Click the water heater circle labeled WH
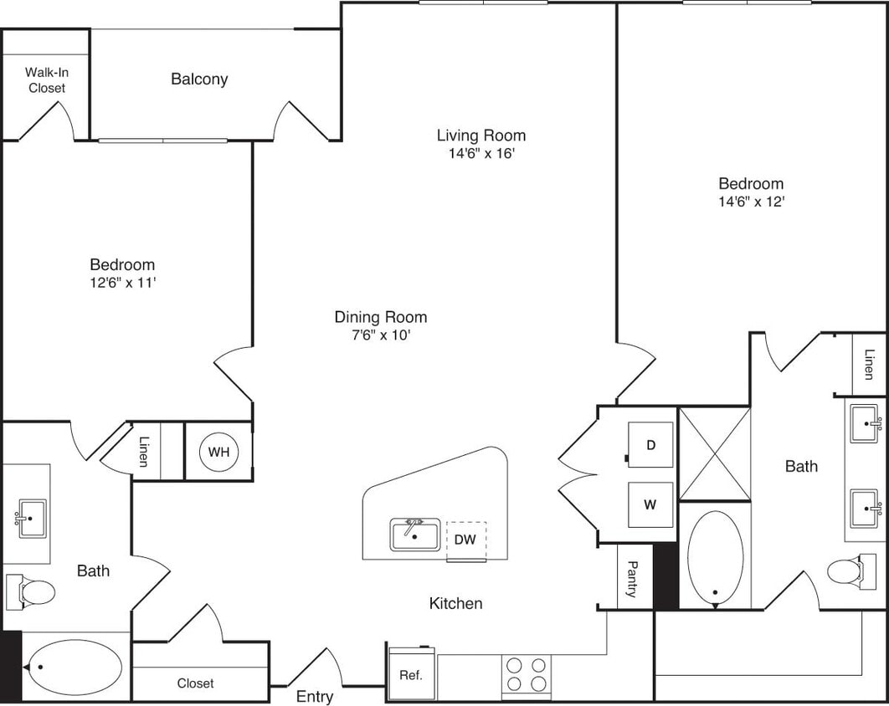218,453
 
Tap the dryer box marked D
650,445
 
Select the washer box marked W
650,505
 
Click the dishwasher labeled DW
465,540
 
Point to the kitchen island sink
415,535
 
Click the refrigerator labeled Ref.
410,674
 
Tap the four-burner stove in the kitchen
527,674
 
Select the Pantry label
633,579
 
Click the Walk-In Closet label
46,79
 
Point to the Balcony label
199,79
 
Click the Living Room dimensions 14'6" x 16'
481,154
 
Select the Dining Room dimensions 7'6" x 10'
381,335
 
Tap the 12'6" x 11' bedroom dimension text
122,283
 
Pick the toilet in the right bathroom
845,572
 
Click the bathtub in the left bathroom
74,667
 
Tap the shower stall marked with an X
714,453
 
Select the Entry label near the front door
315,697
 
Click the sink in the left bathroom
30,518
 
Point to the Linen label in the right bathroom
869,365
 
